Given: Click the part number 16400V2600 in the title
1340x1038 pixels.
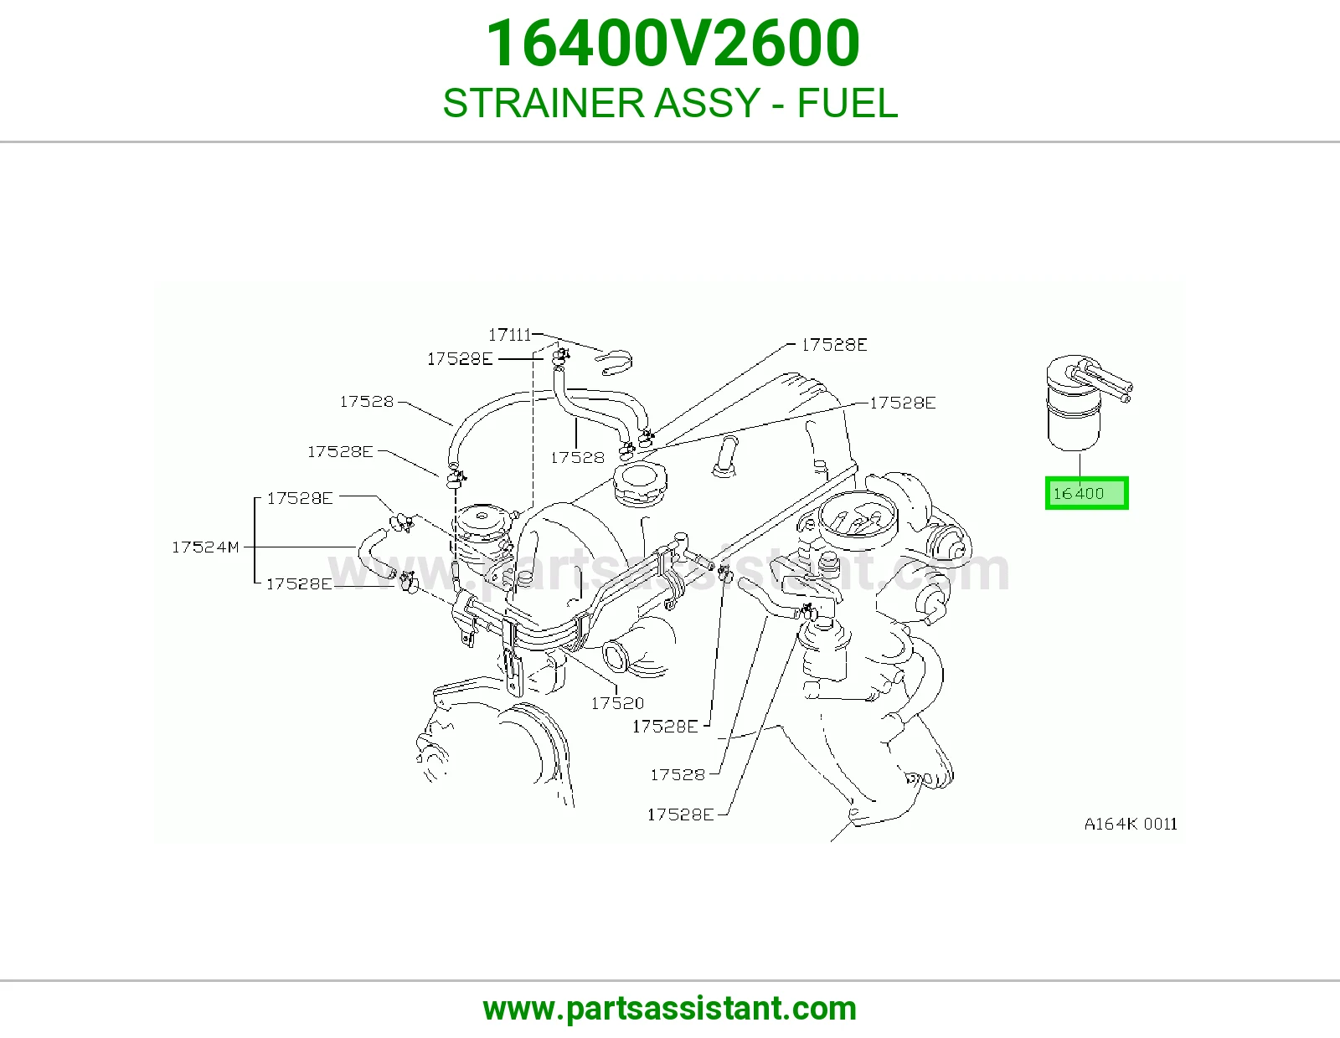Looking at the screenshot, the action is tap(673, 44).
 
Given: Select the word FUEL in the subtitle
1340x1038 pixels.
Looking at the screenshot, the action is tap(848, 103).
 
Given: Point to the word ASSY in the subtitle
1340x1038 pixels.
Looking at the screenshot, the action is tap(707, 103).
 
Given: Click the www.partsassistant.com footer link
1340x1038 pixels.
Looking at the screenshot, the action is tap(670, 1009).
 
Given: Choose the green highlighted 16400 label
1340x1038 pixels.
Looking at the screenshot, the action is tap(1086, 493).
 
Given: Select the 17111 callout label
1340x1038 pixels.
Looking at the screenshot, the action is tap(509, 335).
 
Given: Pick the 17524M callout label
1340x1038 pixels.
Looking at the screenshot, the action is tap(205, 547).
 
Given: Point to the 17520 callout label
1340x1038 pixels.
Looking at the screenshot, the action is tap(617, 703).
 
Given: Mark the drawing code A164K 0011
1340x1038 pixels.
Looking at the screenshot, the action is tap(1131, 824).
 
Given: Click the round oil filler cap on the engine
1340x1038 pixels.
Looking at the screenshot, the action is tap(640, 484).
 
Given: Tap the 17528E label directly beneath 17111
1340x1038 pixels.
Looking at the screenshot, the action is tap(460, 359).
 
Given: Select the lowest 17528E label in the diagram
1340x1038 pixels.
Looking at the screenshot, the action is tap(680, 814).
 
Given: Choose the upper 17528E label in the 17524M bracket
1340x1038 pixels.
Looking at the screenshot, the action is tap(300, 498).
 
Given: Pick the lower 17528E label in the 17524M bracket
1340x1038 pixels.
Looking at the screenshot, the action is tap(299, 583).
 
